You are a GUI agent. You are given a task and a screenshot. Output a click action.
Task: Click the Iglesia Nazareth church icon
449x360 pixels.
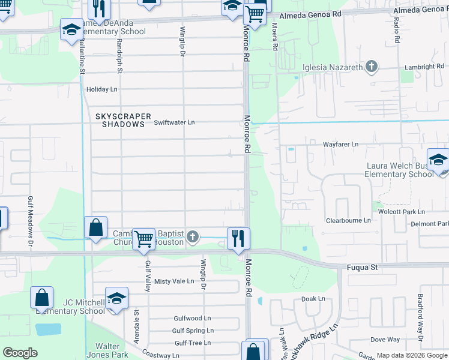point(372,67)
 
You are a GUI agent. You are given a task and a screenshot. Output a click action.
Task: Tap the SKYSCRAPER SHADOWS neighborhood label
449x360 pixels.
point(120,120)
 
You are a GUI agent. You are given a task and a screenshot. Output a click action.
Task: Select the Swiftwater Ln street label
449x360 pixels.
point(175,122)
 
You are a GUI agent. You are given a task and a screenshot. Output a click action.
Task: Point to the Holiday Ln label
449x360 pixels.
point(102,89)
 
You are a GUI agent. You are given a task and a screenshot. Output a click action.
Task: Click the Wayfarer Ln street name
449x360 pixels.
point(340,145)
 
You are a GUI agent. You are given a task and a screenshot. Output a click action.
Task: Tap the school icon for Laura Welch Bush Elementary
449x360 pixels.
point(438,160)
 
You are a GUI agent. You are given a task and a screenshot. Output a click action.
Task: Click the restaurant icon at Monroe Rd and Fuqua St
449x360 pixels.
point(238,238)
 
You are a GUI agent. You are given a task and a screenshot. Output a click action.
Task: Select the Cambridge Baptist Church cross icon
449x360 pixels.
point(192,236)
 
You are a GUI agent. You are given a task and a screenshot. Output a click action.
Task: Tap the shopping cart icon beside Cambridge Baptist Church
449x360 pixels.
point(143,239)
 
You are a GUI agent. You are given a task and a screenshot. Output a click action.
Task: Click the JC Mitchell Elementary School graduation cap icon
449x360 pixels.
point(116,298)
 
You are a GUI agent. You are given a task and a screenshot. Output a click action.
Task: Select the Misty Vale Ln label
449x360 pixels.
point(174,281)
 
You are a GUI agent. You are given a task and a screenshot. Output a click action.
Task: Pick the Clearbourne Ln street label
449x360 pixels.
point(348,221)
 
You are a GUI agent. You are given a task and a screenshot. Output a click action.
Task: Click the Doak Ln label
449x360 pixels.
point(313,298)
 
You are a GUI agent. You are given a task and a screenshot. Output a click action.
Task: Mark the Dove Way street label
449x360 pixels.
point(385,340)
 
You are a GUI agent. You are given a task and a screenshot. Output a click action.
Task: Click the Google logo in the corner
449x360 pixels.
point(20,353)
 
